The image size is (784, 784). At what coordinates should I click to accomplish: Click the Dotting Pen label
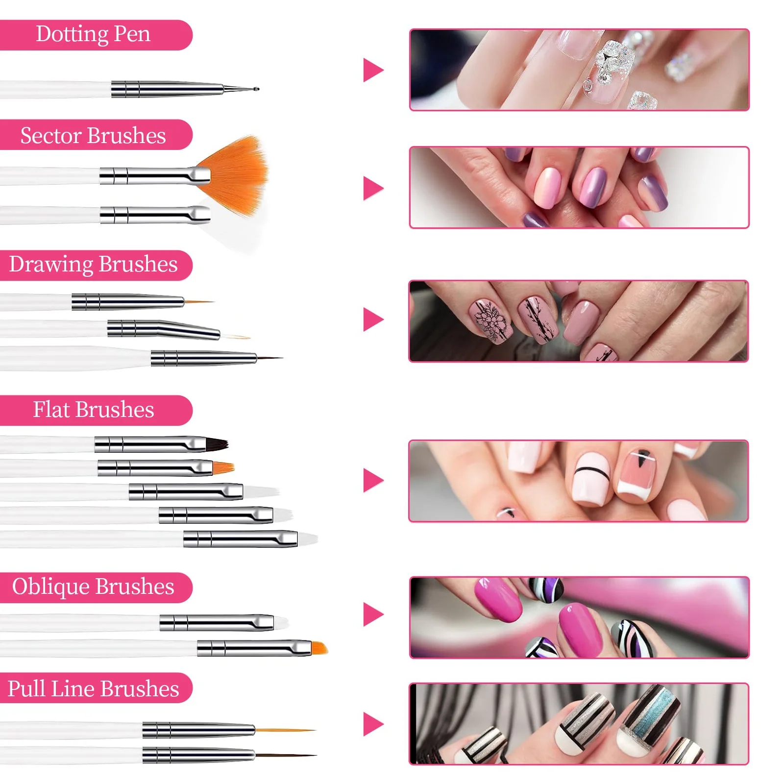coord(93,34)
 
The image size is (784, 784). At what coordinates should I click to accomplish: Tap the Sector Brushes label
coord(93,135)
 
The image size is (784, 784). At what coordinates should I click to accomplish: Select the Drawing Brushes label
coord(93,265)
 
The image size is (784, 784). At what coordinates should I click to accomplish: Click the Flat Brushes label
coord(93,410)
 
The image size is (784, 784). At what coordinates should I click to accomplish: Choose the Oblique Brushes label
coord(93,587)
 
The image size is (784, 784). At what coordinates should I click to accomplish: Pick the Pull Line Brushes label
coord(93,688)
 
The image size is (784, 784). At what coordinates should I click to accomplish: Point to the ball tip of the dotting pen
coord(256,89)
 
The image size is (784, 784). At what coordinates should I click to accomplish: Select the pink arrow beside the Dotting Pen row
coord(373,70)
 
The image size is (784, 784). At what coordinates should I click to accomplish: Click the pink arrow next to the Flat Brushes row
coord(373,480)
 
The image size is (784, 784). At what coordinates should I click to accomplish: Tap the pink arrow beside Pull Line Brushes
coord(373,724)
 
